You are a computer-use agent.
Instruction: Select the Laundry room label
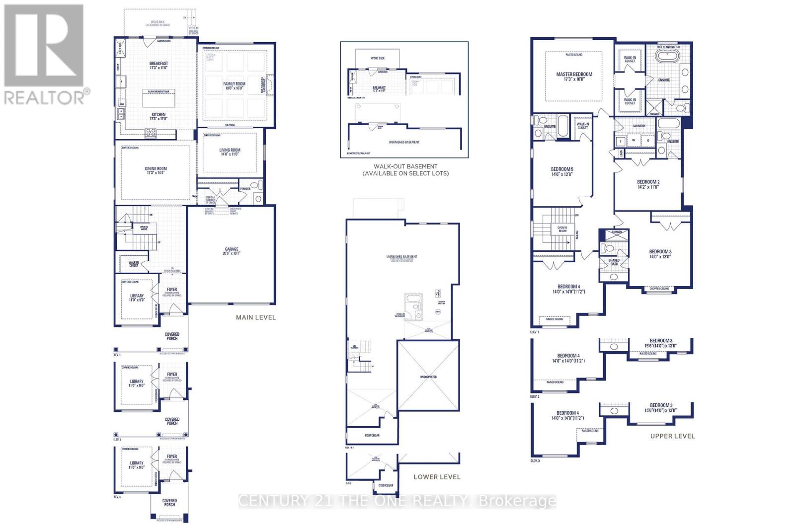point(639,126)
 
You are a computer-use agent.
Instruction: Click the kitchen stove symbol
point(150,132)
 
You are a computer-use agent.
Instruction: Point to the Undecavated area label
point(428,377)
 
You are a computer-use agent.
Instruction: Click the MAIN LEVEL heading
point(255,317)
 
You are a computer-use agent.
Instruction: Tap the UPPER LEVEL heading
point(672,436)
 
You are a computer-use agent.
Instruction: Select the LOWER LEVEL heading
point(437,477)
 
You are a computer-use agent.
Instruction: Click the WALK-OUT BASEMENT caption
point(405,170)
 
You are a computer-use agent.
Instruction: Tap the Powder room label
point(245,189)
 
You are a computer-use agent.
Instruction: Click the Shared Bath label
point(614,262)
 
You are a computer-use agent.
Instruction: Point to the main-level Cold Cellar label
point(372,435)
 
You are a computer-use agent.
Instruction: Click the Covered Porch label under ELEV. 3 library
point(169,503)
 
